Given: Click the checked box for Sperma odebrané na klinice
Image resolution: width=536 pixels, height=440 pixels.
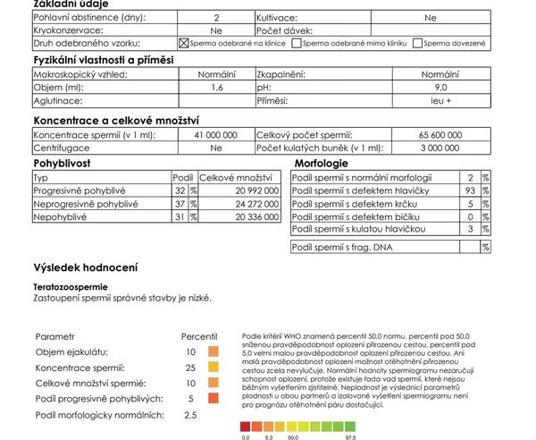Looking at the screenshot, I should tap(184, 43).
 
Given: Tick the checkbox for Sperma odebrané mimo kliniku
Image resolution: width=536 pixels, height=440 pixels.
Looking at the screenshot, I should tap(297, 43).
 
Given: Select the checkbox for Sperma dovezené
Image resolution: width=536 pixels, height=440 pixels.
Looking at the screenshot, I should tap(418, 43).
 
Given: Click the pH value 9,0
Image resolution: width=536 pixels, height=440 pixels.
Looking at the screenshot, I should tap(440, 88).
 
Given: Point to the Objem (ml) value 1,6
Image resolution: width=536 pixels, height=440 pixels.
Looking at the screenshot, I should tap(216, 88).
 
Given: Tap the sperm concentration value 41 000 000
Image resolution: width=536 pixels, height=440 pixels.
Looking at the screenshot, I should tap(215, 134).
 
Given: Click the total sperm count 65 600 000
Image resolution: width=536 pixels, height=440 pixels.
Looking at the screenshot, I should tap(440, 134).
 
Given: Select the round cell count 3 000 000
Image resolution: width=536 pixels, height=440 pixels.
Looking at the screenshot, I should tap(440, 148).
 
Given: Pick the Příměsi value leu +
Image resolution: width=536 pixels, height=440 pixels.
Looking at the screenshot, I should tap(440, 101).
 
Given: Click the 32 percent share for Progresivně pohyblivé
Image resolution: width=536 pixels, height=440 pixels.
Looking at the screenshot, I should tap(180, 190).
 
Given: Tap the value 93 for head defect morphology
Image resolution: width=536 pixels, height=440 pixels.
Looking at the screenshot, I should tap(471, 190).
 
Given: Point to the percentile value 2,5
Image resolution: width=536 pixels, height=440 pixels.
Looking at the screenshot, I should tap(190, 415).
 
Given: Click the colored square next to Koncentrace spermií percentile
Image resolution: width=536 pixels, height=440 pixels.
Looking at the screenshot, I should tap(214, 367).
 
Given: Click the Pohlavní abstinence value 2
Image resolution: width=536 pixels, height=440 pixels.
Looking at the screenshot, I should tap(216, 17).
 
